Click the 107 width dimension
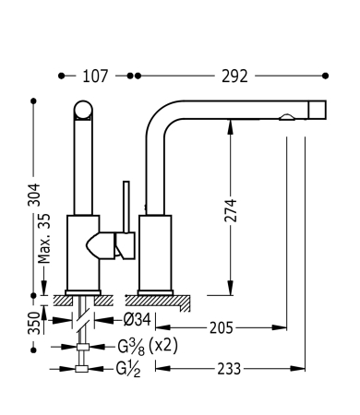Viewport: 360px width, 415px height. tap(95, 76)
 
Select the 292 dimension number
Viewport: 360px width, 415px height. tap(234, 76)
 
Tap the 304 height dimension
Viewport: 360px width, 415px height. tap(34, 195)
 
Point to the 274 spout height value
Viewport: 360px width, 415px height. tap(231, 210)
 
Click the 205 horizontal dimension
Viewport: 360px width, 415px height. tap(222, 328)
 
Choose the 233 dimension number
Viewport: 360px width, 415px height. tap(229, 369)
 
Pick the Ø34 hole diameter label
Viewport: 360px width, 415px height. tap(138, 320)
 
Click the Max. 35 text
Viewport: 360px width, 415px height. tap(43, 239)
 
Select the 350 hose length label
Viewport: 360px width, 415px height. tap(34, 323)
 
